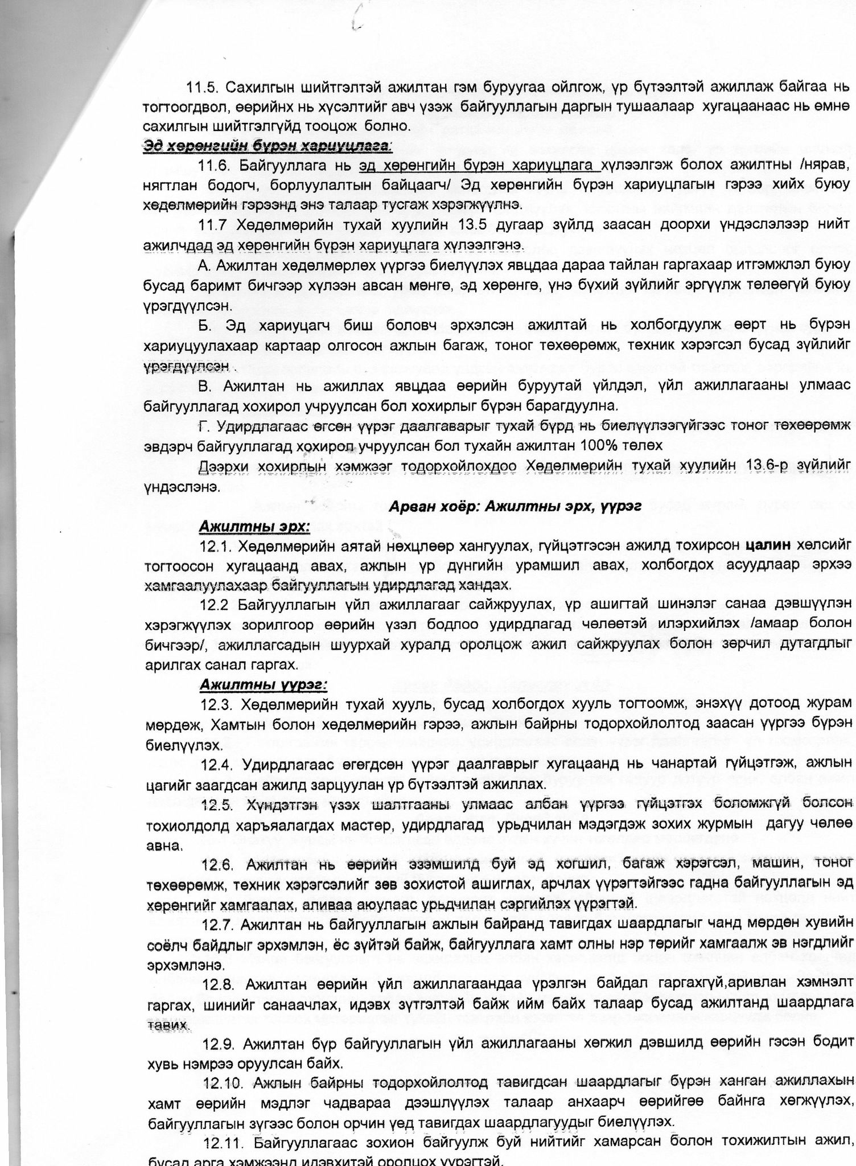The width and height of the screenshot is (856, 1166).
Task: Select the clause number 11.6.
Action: [x=215, y=167]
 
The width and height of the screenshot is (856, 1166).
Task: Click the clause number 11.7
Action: [x=212, y=225]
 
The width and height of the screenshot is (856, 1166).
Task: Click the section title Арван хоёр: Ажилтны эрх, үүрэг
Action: [x=516, y=507]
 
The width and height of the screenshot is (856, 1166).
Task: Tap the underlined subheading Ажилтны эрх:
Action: [x=254, y=527]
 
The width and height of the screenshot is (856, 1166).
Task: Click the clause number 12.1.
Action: [x=215, y=547]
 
